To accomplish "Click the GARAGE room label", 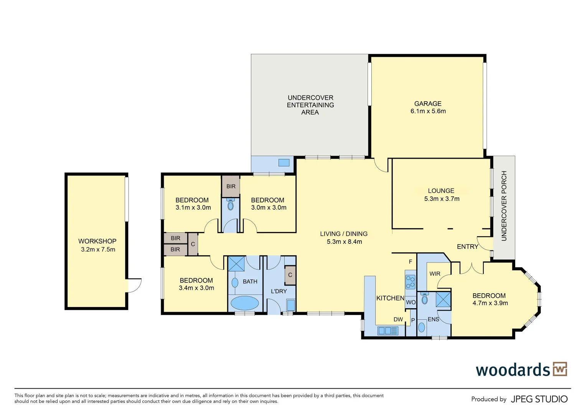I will tap(428, 103).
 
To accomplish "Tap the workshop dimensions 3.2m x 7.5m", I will tap(98, 249).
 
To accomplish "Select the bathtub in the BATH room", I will tap(244, 303).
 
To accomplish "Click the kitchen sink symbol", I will tap(388, 330).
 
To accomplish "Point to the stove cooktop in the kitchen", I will tap(410, 282).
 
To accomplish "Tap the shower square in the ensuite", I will tap(443, 299).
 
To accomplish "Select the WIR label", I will tap(435, 274).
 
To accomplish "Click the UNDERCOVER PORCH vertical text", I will tap(504, 206).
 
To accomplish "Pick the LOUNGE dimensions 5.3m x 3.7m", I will tap(442, 199).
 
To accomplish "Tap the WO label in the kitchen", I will tap(411, 302).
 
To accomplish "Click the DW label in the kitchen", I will tap(398, 319).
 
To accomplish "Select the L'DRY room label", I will tap(279, 291).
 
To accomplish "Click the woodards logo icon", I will tap(560, 369).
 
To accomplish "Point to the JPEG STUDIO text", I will tap(539, 399).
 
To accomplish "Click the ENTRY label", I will tap(467, 246).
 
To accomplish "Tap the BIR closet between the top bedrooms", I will tap(231, 186).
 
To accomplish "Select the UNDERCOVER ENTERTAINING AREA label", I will tap(310, 105).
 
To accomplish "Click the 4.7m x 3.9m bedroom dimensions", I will tap(490, 303).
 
